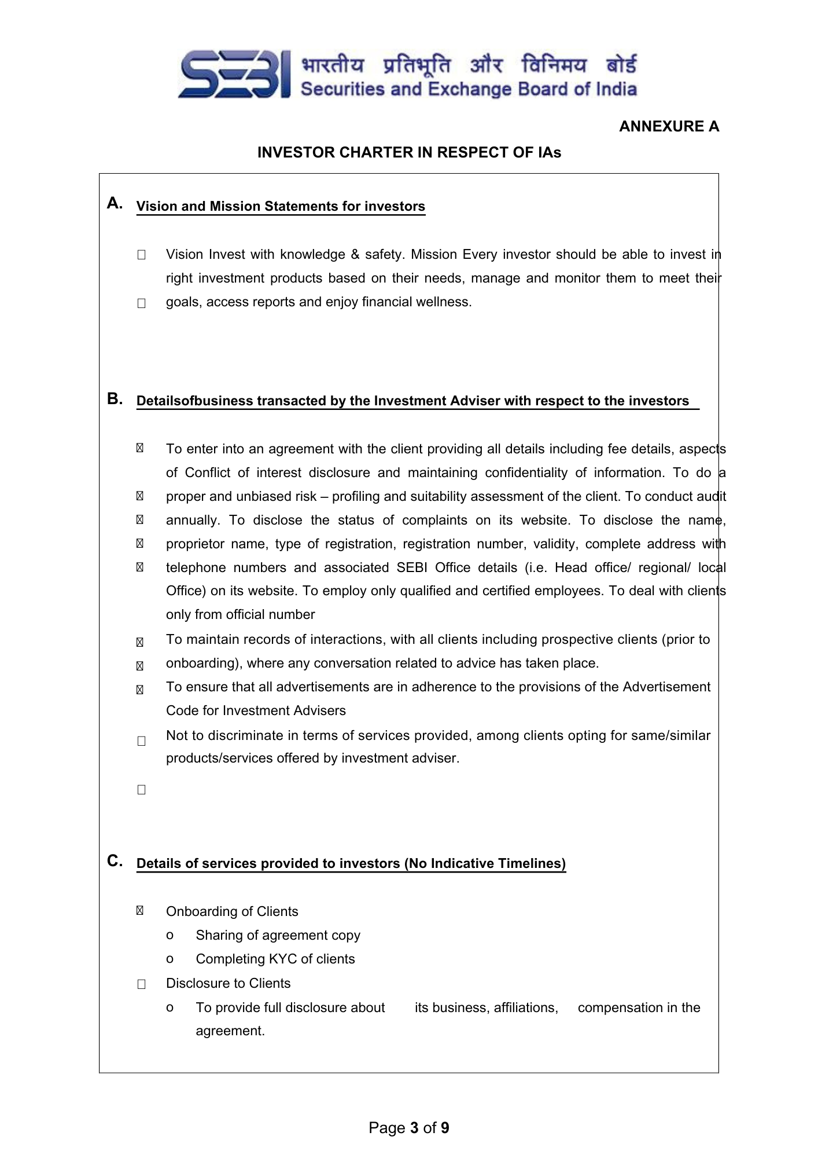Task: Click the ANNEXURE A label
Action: tap(669, 127)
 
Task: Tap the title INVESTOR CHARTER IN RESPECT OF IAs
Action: tap(409, 152)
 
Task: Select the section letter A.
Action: tap(115, 203)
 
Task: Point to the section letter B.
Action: tap(115, 399)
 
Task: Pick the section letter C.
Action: tap(115, 861)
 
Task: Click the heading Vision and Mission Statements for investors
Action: tap(281, 207)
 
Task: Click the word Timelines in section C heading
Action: tap(535, 863)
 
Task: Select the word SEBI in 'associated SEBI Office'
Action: tap(411, 567)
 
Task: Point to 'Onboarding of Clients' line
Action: tap(232, 911)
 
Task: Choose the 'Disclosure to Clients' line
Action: tap(228, 983)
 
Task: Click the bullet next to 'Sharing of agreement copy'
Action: tap(170, 936)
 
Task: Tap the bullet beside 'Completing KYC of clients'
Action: tap(170, 959)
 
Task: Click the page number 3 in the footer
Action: tap(414, 1127)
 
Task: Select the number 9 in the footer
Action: tap(445, 1127)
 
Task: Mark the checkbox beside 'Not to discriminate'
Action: tap(141, 741)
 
